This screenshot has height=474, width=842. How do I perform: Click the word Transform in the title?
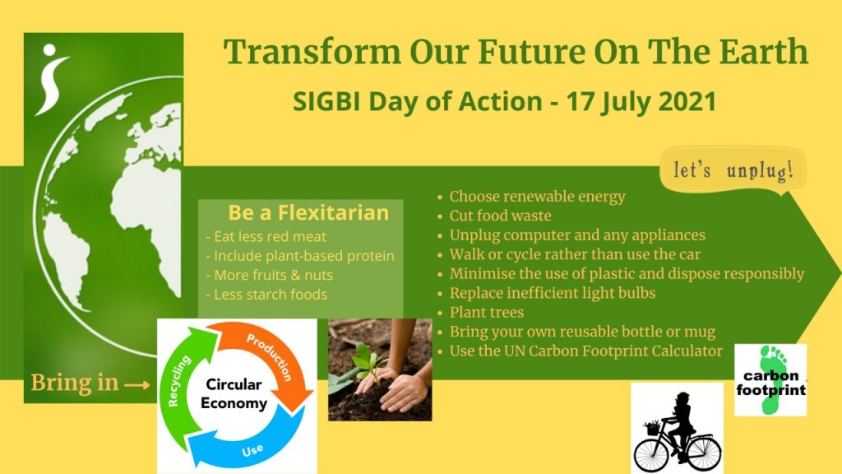click(312, 52)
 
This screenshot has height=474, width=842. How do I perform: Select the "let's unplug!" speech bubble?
click(733, 170)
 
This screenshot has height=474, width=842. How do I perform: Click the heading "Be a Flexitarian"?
click(308, 213)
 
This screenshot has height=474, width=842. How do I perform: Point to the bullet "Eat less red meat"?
click(266, 236)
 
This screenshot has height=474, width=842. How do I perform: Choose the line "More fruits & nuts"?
click(270, 275)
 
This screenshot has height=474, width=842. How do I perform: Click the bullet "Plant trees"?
click(480, 312)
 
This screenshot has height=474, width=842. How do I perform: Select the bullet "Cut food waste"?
click(494, 216)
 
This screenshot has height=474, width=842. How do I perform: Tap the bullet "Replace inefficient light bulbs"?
click(546, 293)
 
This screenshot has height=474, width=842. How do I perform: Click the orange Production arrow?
click(276, 355)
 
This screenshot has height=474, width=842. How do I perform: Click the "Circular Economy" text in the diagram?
click(234, 394)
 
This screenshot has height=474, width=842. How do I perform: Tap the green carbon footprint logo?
click(770, 380)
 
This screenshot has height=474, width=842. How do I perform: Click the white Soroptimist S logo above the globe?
click(52, 80)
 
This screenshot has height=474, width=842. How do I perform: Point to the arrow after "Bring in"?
click(137, 384)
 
